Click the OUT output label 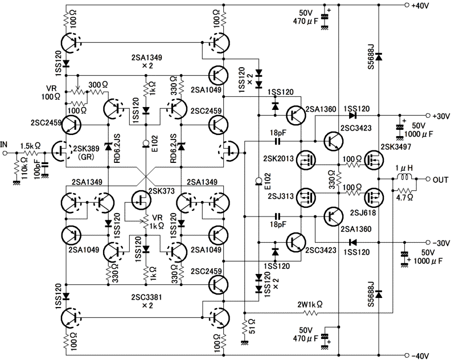(x=440, y=180)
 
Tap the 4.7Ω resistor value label (x=405, y=199)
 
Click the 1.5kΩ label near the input (x=31, y=145)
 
